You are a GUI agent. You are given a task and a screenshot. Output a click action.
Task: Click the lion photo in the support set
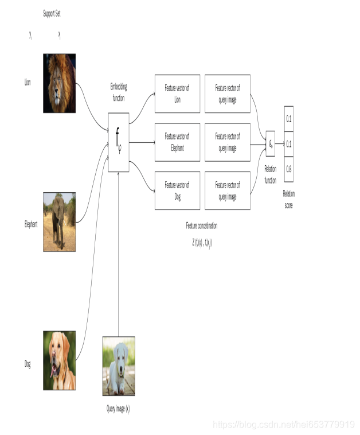point(60,83)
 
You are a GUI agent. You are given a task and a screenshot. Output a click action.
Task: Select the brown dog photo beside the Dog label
point(59,361)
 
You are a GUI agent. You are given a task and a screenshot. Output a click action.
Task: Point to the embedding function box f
point(119,142)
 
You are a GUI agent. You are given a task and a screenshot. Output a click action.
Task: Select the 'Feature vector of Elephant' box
point(177,142)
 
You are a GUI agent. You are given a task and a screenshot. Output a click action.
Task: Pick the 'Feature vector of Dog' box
point(177,189)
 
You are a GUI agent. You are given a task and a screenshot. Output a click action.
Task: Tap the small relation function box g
point(271,142)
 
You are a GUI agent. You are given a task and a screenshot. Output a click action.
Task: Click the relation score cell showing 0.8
point(288,169)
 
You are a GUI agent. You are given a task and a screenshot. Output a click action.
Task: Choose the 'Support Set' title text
point(52,12)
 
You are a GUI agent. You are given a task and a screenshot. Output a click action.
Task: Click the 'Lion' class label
point(28,83)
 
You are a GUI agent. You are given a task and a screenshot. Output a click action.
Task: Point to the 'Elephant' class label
point(30,225)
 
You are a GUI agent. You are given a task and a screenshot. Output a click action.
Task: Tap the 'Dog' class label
point(28,364)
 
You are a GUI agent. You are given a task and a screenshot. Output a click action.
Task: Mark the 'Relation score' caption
point(288,199)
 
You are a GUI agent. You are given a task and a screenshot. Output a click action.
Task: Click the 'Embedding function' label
point(119,92)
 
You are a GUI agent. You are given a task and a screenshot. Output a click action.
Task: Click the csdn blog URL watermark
point(283,425)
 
